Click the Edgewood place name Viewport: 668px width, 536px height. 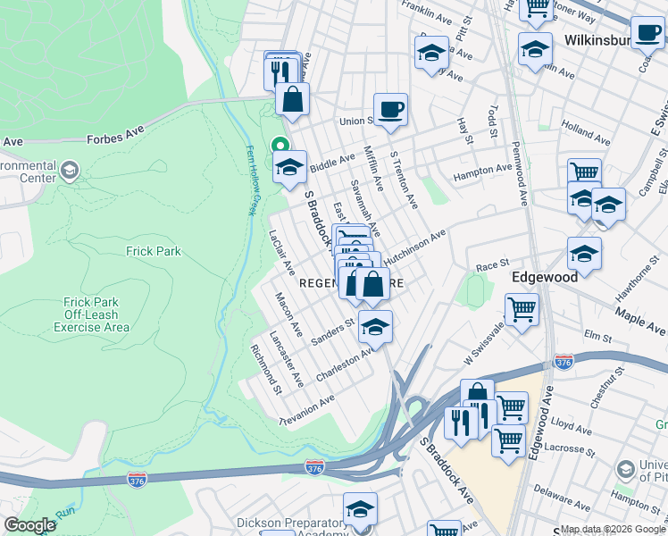[543, 277]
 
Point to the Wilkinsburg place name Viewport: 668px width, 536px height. [599, 40]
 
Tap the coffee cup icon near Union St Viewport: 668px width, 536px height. [390, 110]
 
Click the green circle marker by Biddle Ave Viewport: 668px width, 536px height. [280, 145]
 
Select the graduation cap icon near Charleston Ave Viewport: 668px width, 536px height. [376, 327]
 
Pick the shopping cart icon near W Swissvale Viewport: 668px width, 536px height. [522, 310]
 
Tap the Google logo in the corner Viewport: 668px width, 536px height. [29, 525]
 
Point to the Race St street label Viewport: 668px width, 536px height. [491, 265]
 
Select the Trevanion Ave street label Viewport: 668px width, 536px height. [306, 410]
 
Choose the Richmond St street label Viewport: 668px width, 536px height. [267, 370]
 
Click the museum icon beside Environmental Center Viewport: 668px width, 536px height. [70, 170]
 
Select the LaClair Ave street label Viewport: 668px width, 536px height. [282, 253]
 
